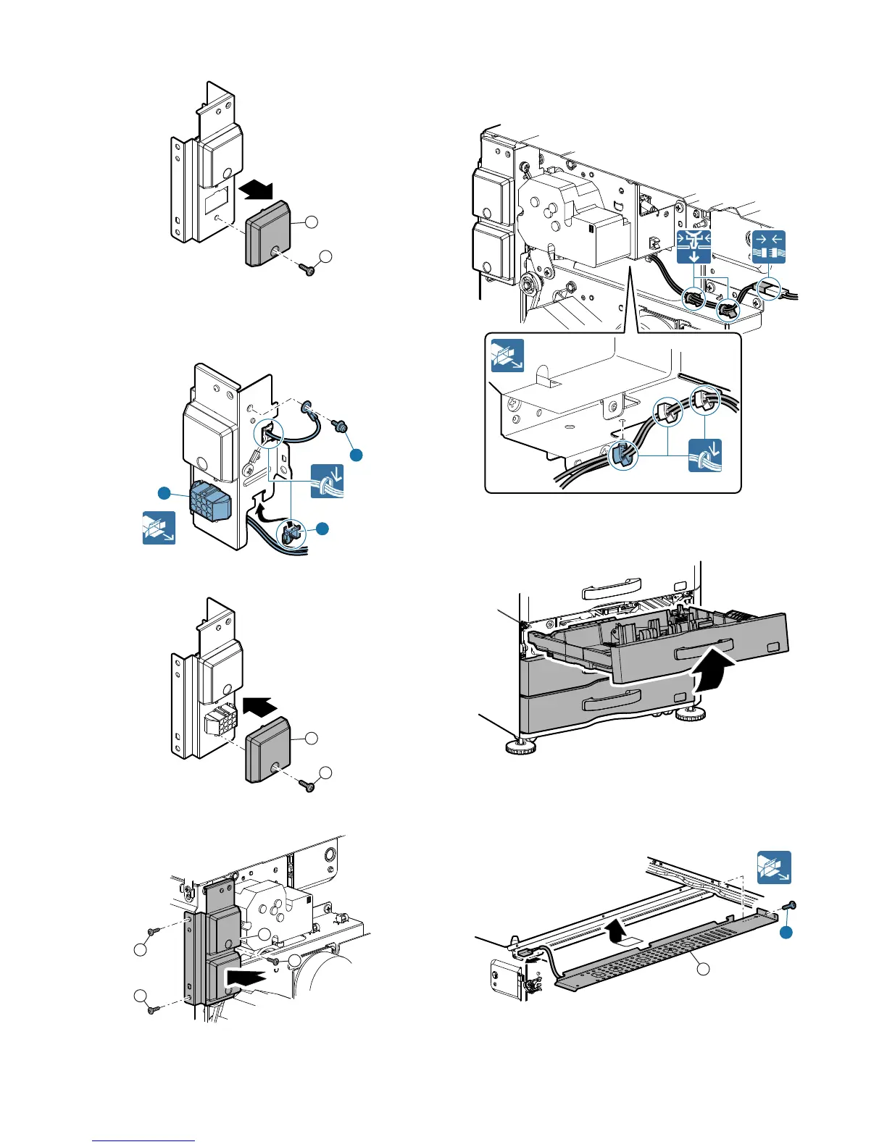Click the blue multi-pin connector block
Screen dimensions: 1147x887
[x=209, y=500]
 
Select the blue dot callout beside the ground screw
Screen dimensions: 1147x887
[x=356, y=455]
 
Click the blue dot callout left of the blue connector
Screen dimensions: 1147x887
[x=165, y=493]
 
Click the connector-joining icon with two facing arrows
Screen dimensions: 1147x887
[x=769, y=248]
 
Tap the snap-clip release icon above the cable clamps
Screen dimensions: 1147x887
[x=694, y=248]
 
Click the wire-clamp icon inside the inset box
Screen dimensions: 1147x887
[x=704, y=454]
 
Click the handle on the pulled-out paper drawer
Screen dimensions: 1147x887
[x=704, y=650]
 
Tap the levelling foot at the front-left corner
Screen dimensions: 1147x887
[x=518, y=747]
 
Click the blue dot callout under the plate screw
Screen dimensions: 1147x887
[x=786, y=934]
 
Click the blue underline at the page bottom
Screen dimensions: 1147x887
[x=144, y=1140]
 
